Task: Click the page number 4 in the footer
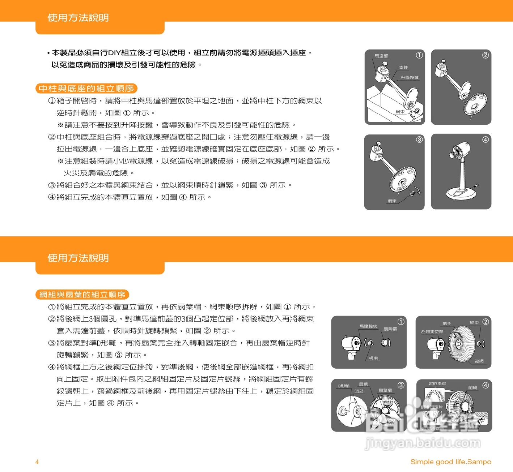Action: pos(37,462)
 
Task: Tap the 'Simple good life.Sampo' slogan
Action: pos(450,462)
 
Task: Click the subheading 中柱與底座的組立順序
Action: pos(86,89)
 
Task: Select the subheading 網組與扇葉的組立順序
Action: pos(82,295)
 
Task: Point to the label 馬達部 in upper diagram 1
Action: pos(381,56)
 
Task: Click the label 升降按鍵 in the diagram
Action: pos(410,78)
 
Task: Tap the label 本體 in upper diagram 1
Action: pos(403,68)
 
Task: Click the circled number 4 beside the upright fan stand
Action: pos(486,140)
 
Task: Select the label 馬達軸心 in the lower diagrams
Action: pos(368,326)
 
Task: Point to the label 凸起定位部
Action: pos(432,331)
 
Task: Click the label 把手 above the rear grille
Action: pos(447,323)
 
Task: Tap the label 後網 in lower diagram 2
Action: pos(479,361)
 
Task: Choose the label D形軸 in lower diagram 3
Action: pos(344,386)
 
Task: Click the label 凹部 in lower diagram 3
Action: pos(359,391)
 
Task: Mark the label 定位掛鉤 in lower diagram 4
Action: pos(437,384)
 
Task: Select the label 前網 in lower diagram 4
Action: pos(472,387)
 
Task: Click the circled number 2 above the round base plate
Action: pos(486,55)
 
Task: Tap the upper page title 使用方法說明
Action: pos(78,18)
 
